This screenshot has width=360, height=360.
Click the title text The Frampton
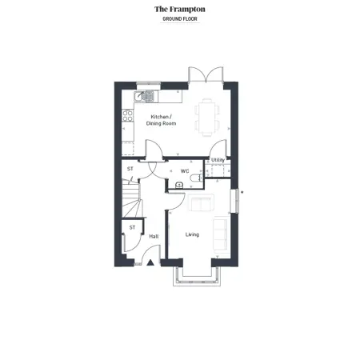[179, 9]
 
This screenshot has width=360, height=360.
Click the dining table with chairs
[206, 117]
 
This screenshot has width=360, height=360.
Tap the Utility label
[218, 160]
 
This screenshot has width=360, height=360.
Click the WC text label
[184, 170]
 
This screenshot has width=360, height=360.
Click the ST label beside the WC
[130, 169]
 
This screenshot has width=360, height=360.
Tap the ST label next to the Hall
[132, 228]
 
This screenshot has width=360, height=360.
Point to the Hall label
[154, 236]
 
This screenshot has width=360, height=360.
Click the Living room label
[192, 234]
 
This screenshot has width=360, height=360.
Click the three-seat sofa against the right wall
[222, 233]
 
